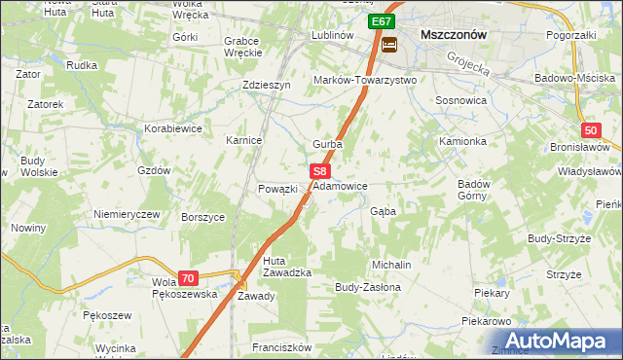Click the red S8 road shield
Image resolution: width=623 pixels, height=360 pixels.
pos(319,170)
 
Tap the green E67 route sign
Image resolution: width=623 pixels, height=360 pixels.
pos(381,20)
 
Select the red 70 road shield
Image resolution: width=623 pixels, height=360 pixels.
pos(188,277)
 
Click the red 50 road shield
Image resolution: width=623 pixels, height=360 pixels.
pos(592,130)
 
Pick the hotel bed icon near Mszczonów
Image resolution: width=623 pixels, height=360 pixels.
pos(389,45)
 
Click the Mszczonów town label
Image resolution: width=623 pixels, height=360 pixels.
pos(453,33)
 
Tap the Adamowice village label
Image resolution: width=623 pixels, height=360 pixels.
pos(341,185)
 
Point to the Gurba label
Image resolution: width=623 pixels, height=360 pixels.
pos(327,144)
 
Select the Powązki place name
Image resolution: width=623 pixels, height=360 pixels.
pos(276,189)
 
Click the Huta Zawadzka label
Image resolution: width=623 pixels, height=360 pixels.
pos(286,266)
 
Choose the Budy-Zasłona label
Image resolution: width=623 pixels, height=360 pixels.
pos(367,288)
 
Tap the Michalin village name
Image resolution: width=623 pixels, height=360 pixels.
pos(391,265)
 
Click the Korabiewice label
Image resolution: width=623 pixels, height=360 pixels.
pos(172,127)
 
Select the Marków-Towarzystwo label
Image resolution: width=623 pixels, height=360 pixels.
pos(364,80)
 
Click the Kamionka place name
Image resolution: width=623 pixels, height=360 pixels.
pos(461,141)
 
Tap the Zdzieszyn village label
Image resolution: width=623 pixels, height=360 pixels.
pos(267,85)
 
